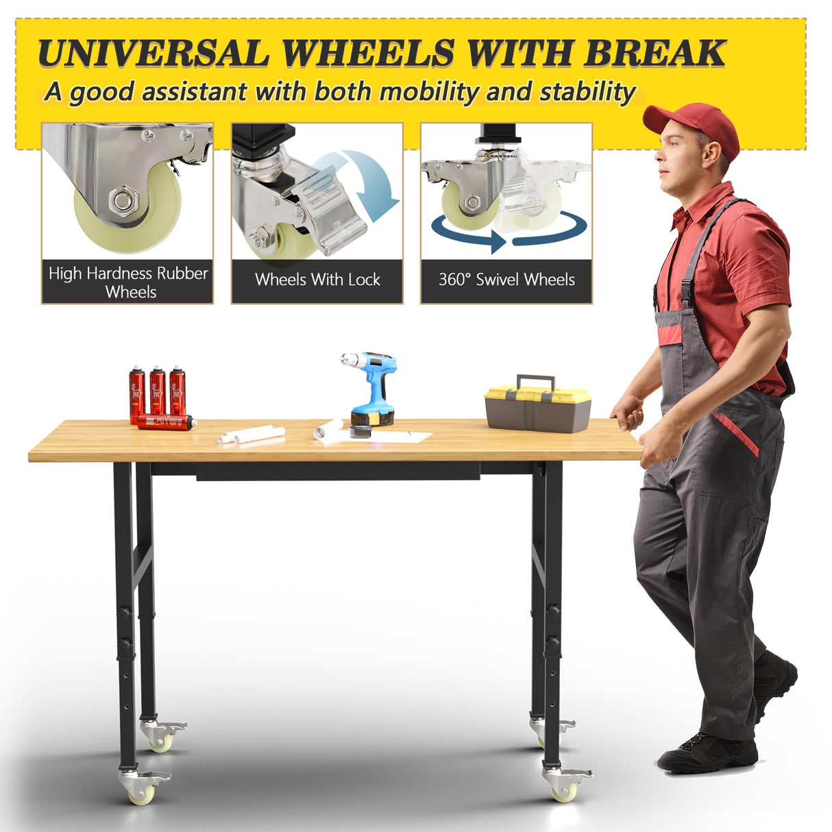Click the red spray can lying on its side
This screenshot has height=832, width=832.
point(165,421)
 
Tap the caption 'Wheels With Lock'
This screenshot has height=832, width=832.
point(317,280)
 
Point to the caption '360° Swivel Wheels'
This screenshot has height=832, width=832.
point(506,280)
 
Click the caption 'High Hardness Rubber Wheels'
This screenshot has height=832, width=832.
point(128,282)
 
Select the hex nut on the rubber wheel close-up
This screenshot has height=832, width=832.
point(123,201)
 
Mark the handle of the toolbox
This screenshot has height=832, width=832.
point(536,381)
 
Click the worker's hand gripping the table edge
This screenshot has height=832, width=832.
point(627,414)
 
